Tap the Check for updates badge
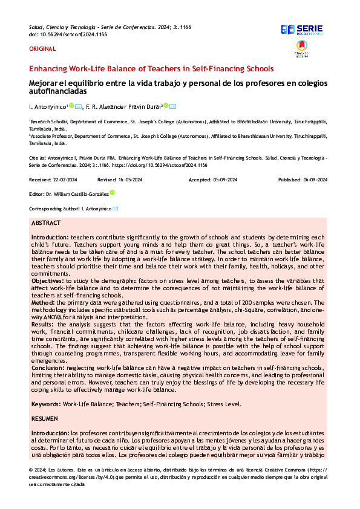(x=302, y=48)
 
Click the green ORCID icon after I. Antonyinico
(x=71, y=106)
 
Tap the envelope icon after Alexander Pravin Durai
(x=173, y=106)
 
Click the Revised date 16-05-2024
(x=130, y=180)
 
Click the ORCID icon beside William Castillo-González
(x=112, y=193)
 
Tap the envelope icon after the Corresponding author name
(x=116, y=209)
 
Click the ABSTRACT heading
(x=45, y=223)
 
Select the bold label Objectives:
(x=48, y=280)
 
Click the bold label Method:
(x=44, y=300)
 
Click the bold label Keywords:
(x=46, y=404)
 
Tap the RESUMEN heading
(x=44, y=418)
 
